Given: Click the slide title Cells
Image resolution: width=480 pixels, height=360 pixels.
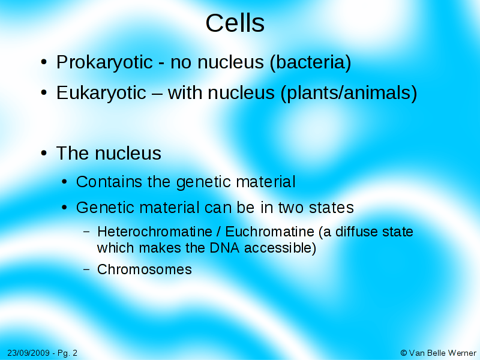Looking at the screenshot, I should [235, 23].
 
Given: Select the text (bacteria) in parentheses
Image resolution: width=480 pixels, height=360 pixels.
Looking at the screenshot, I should [310, 62].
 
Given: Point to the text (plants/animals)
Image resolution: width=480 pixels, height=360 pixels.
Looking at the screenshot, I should [349, 94].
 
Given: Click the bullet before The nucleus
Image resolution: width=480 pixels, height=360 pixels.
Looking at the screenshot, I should [44, 154].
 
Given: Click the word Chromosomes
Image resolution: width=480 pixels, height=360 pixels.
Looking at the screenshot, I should [145, 269].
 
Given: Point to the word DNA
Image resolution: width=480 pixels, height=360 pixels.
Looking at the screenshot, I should [224, 248].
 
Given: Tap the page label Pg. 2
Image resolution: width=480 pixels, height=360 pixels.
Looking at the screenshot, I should [66, 353].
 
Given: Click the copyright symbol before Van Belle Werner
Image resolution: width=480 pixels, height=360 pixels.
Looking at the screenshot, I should [403, 353].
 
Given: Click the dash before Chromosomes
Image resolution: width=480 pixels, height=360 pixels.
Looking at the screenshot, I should [86, 269].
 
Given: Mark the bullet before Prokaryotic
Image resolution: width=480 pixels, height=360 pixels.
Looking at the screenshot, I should [44, 63].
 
